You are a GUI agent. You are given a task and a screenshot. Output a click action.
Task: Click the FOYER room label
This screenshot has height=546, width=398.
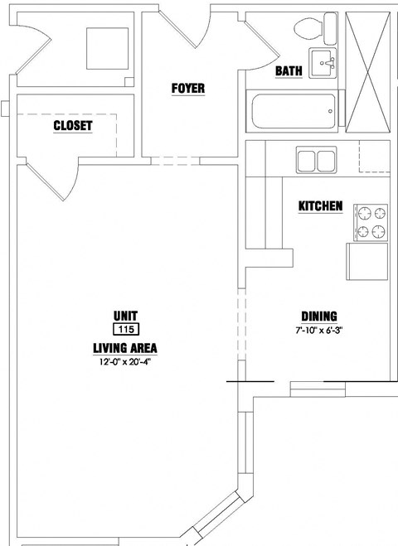(x=188, y=89)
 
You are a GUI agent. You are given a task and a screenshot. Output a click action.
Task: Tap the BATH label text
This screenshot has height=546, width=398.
(x=289, y=71)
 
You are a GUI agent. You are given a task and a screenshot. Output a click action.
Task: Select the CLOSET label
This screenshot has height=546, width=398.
(x=73, y=126)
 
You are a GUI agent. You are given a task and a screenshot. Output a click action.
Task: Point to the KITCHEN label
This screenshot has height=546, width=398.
(x=321, y=205)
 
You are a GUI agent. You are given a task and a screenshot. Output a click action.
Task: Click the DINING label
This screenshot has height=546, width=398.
(x=319, y=316)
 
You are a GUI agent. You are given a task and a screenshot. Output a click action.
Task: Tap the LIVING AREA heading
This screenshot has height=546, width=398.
(x=125, y=348)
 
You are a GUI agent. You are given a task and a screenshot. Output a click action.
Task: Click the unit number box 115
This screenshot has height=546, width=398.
(x=126, y=329)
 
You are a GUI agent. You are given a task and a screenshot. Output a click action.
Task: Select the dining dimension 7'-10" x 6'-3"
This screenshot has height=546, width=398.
(x=319, y=330)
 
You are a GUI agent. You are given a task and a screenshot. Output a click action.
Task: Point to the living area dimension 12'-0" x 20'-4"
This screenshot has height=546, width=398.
(x=125, y=362)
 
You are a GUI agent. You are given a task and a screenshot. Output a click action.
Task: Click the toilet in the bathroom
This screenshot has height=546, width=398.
(x=315, y=28)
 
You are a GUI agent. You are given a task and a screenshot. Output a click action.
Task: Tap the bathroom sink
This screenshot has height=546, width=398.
(x=323, y=63)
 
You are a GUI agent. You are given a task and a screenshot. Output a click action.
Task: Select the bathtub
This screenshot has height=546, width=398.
(x=293, y=111)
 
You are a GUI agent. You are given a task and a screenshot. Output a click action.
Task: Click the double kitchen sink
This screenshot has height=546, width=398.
(x=317, y=160)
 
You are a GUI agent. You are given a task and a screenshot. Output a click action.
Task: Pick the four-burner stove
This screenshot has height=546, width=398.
(x=371, y=223)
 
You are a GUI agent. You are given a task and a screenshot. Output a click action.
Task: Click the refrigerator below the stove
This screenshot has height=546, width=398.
(x=367, y=262)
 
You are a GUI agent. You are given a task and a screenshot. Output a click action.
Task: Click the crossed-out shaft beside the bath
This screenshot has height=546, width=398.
(x=367, y=72)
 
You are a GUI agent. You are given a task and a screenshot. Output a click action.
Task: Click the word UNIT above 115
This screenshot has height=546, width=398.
(x=125, y=316)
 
